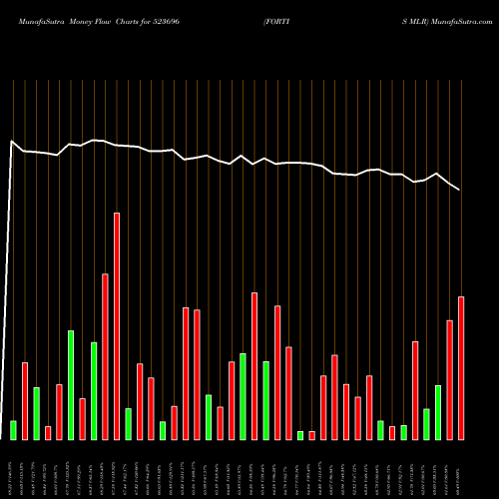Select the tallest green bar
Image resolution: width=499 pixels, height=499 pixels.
71,385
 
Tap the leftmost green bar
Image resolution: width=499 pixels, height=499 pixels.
13,430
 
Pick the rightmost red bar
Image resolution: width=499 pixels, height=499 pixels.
461,368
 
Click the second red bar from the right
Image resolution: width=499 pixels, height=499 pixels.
449,380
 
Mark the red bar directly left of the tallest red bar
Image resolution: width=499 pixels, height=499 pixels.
105,356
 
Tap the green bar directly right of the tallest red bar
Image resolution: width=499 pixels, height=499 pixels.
128,424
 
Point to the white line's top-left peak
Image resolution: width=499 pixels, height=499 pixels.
12,142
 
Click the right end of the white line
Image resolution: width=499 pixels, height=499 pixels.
460,190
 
